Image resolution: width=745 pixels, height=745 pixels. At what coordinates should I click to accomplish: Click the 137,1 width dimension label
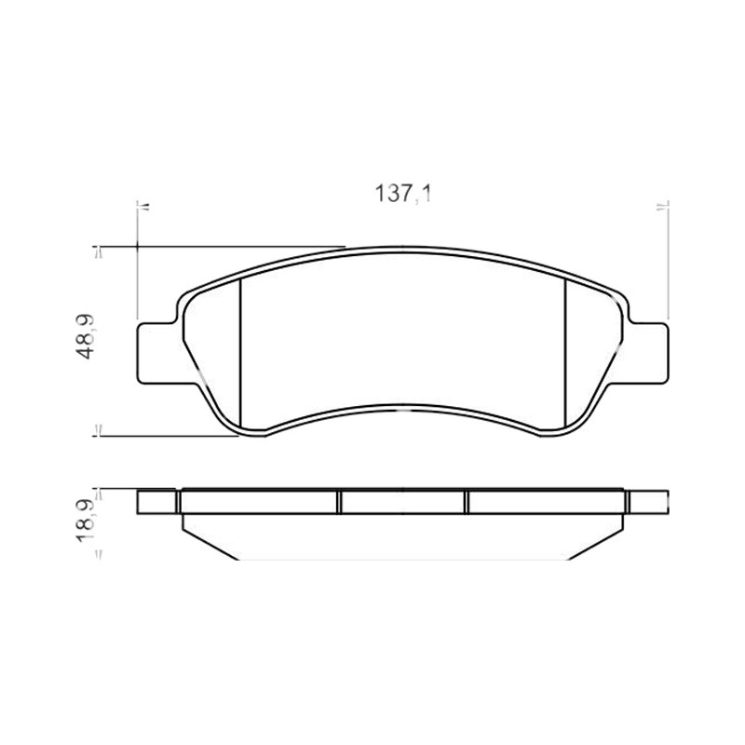(403, 194)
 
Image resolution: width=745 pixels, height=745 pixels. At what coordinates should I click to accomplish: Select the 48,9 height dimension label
(86, 336)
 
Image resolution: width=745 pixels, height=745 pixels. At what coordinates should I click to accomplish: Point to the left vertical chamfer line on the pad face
(241, 353)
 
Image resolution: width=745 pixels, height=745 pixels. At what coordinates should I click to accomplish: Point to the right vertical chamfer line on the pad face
(565, 353)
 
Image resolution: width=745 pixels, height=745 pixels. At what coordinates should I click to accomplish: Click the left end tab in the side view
(156, 502)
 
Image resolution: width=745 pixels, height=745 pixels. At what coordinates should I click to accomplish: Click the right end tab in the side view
(648, 502)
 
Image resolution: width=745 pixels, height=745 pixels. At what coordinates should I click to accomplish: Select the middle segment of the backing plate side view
(403, 502)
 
